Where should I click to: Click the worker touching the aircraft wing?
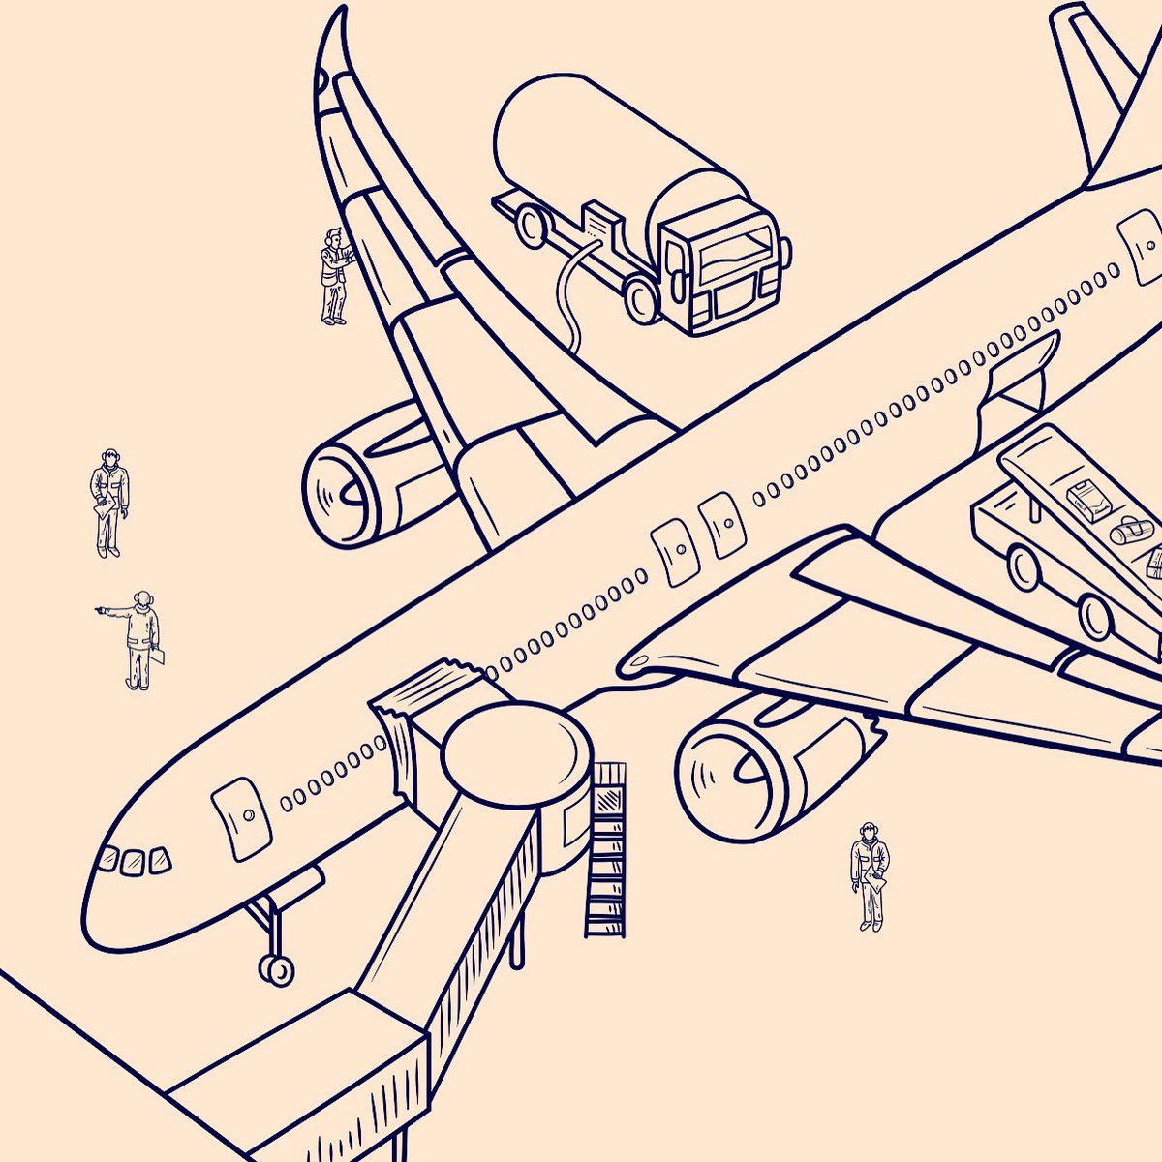[x=335, y=276]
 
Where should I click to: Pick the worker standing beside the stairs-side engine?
[x=870, y=875]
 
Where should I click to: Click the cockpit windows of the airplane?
[x=134, y=860]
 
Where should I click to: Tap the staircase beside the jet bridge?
[x=606, y=852]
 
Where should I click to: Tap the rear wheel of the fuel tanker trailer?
[x=531, y=225]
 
